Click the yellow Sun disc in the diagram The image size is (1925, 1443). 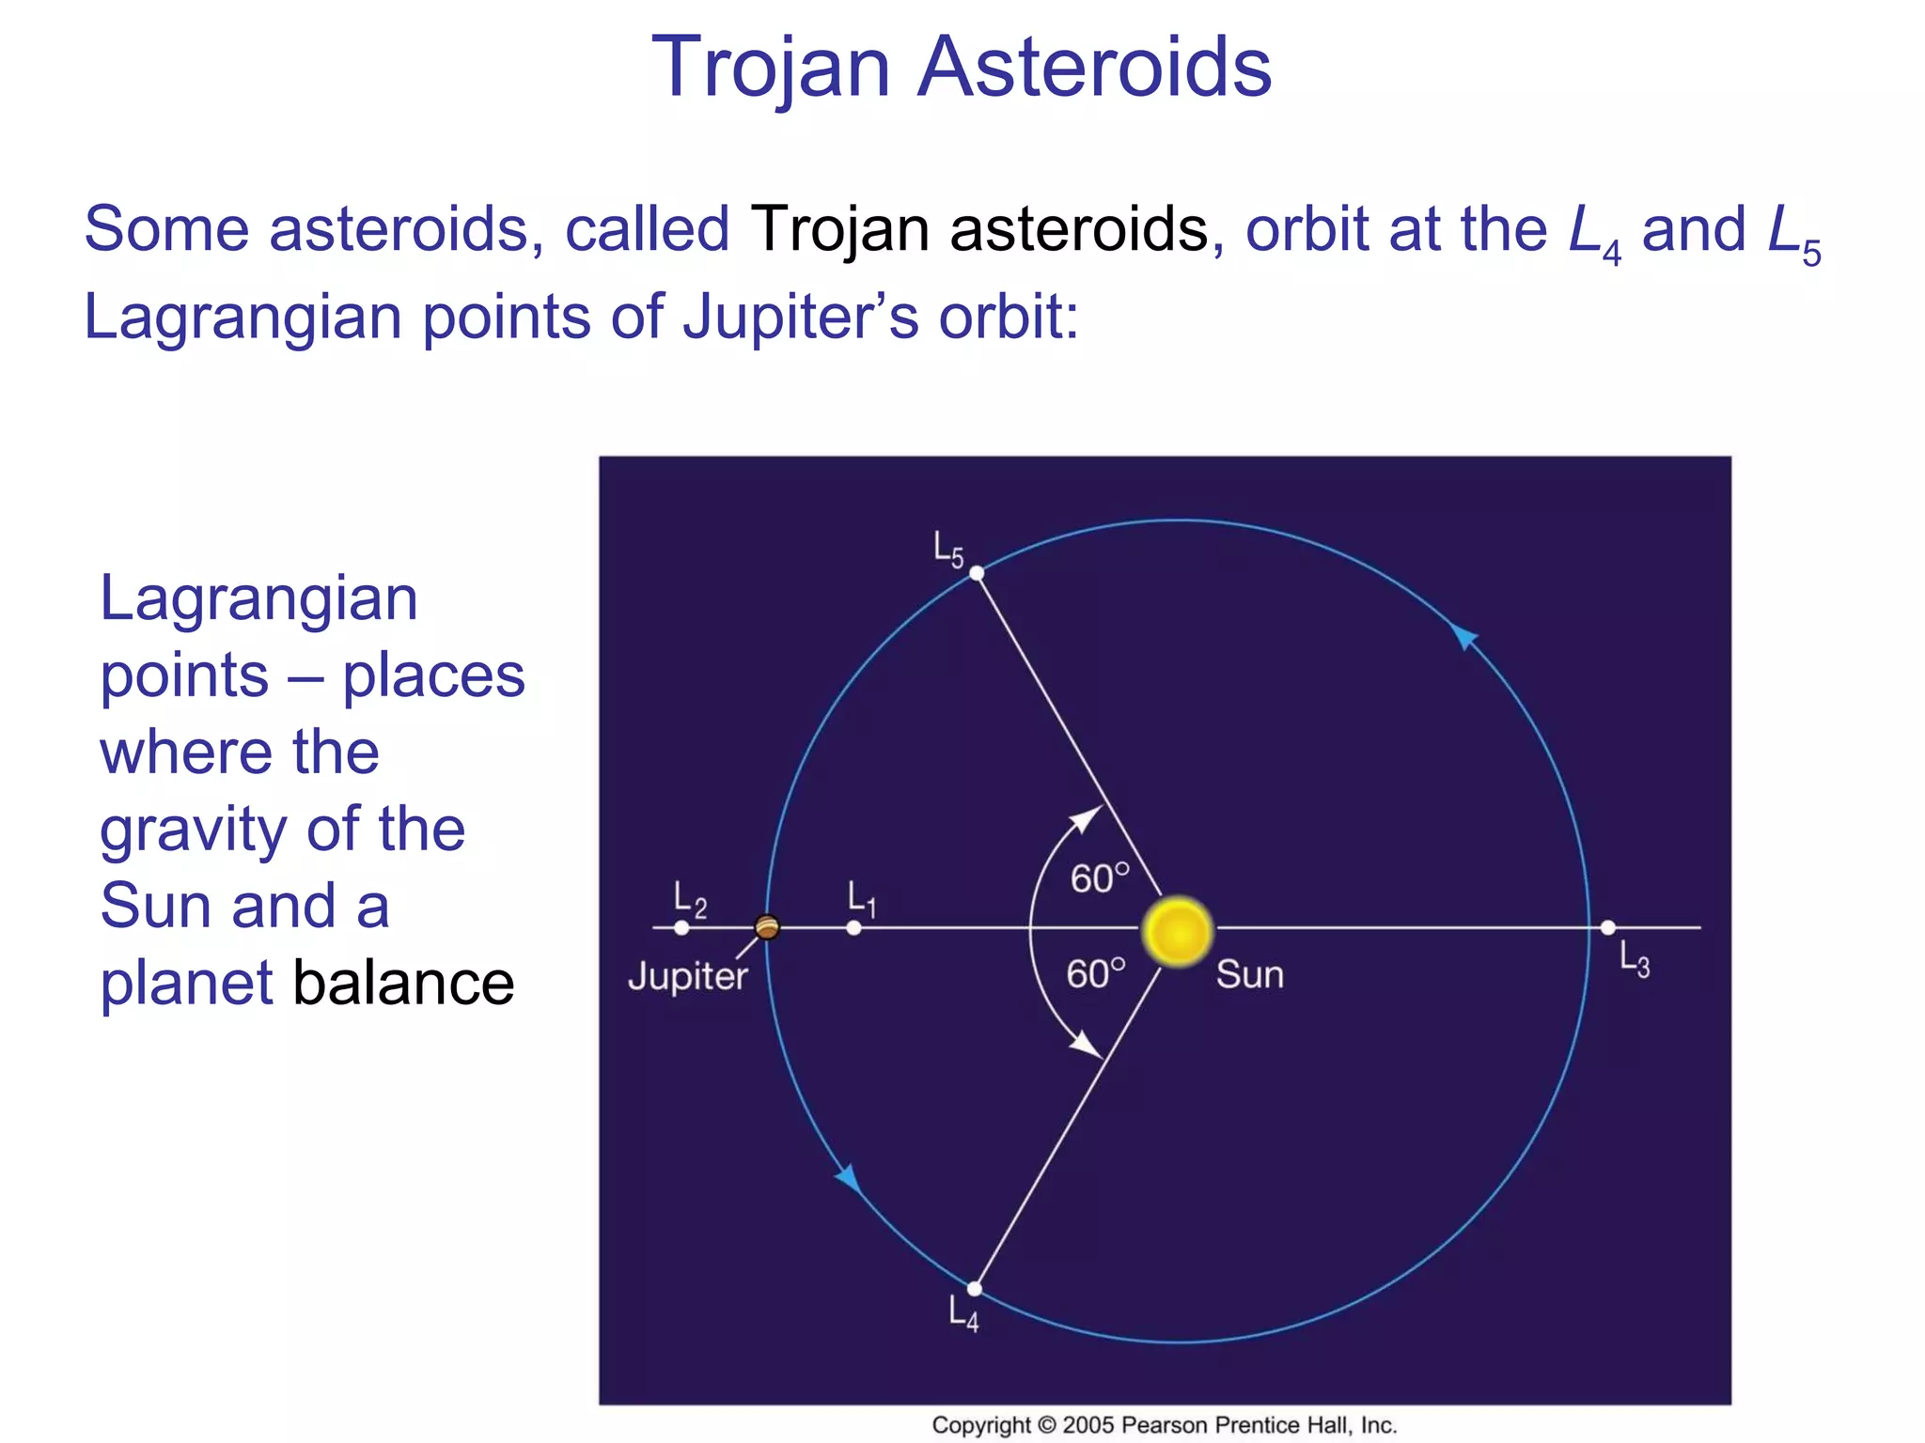coord(1178,931)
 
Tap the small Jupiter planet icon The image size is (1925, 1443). coord(767,927)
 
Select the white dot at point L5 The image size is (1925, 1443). coord(977,573)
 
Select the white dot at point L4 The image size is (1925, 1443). coord(975,1288)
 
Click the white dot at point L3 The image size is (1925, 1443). coord(1608,927)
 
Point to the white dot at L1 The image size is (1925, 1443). coord(853,927)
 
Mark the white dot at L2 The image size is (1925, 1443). coord(681,927)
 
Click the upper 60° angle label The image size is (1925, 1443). coord(1099,878)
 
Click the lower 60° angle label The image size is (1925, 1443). coord(1095,974)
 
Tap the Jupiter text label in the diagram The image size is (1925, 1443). coord(687,977)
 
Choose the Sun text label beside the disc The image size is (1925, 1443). coord(1249,974)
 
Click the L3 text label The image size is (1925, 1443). coord(1634,960)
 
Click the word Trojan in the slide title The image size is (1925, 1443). coord(770,68)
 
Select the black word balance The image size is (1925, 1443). coord(403,983)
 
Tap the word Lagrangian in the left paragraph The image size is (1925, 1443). coord(258,598)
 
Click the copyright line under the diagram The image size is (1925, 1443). coord(1164,1425)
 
